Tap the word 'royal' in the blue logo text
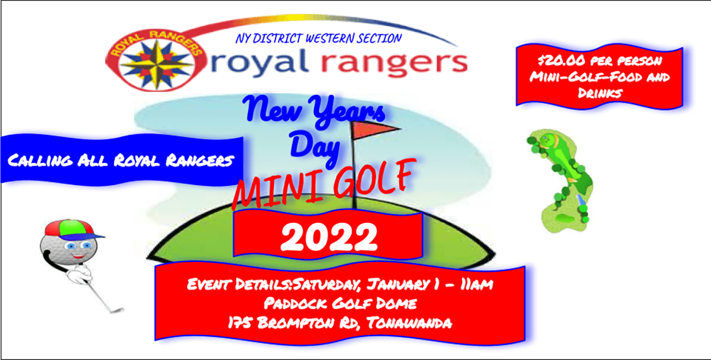coord(259,62)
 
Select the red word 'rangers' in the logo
coord(394,63)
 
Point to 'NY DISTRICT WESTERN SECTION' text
coord(318,39)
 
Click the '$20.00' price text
coord(561,60)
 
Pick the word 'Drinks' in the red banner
coord(599,93)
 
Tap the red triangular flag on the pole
coord(375,130)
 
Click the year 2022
coord(329,237)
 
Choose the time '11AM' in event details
coord(477,284)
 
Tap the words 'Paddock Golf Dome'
coord(340,303)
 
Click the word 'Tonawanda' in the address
coord(409,323)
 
